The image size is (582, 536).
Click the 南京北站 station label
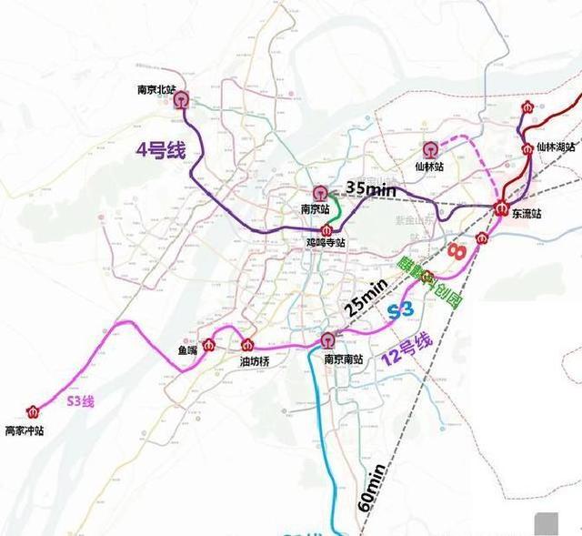click(155, 90)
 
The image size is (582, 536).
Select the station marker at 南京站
click(320, 193)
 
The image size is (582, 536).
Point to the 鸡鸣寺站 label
click(326, 243)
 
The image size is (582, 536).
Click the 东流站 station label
click(527, 214)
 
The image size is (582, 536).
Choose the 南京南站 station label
click(344, 359)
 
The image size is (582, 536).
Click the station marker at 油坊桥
click(247, 344)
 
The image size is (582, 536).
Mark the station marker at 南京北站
click(182, 101)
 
